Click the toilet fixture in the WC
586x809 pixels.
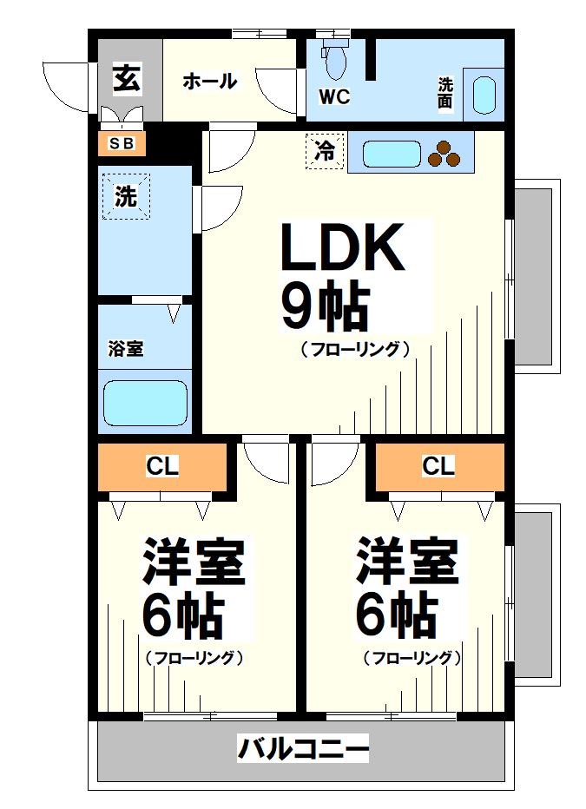[334, 58]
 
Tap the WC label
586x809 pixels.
[334, 97]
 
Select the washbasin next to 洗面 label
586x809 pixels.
[484, 95]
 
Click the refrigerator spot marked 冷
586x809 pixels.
[325, 152]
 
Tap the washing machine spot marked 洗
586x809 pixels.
[127, 196]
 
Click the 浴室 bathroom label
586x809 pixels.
[126, 349]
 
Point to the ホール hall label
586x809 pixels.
[209, 82]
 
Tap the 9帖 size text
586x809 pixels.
[324, 306]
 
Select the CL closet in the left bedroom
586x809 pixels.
[162, 467]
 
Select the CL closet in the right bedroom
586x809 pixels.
[438, 467]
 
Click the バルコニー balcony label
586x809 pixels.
[304, 747]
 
